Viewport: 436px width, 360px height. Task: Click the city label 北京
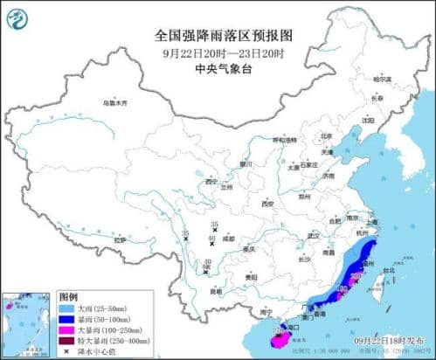coord(326,136)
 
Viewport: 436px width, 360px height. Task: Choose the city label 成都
coord(228,237)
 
